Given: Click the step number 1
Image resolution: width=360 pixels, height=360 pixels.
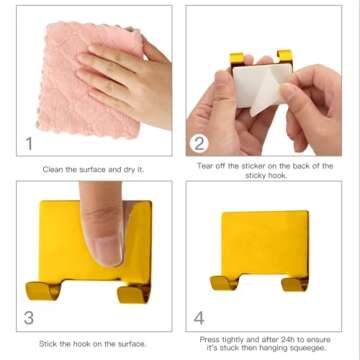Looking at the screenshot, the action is pos(29,143).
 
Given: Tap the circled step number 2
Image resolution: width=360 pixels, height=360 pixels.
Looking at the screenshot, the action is pos(199,144).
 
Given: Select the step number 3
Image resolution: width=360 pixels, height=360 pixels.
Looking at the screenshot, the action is pos(29,318).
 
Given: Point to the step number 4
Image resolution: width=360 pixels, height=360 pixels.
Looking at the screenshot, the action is pos(199,318).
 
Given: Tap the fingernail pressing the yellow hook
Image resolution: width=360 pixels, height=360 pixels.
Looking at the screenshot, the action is pos(108,247).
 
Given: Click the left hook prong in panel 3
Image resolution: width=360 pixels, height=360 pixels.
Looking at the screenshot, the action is pos(43,290).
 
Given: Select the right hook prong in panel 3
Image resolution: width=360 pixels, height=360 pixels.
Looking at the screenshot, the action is pos(134,294).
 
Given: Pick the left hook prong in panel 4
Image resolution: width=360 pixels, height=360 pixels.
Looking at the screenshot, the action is pos(224,283).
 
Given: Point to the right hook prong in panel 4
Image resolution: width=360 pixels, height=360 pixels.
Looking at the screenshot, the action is pos(295,284).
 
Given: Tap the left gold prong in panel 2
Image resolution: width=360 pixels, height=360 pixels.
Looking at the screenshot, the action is pos(237,58).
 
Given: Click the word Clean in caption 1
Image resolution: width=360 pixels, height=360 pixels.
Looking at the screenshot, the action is pos(53,169).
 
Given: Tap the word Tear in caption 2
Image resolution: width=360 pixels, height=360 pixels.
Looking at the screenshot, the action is pos(205,166).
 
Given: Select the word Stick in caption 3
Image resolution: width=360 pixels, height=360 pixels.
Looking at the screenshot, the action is pos(48,344).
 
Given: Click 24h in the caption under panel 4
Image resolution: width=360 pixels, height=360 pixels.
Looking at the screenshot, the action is pos(288,340).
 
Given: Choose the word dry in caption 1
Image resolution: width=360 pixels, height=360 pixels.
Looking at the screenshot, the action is pos(129,170).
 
